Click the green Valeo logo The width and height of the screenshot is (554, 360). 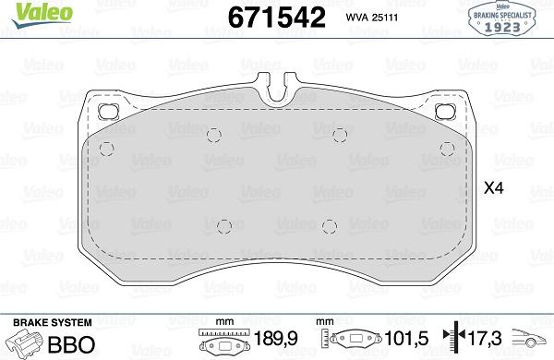click(x=42, y=14)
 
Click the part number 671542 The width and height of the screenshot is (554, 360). click(x=277, y=18)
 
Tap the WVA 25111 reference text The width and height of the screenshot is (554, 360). click(x=372, y=18)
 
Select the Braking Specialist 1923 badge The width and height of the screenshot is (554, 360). click(x=501, y=19)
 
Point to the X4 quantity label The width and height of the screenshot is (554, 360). click(x=493, y=188)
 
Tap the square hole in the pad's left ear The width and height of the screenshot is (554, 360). click(x=108, y=112)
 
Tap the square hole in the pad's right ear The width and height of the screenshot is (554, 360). click(x=446, y=112)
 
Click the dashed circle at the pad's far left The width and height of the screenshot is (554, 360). click(x=106, y=149)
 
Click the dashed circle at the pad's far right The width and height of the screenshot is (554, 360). click(x=447, y=149)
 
